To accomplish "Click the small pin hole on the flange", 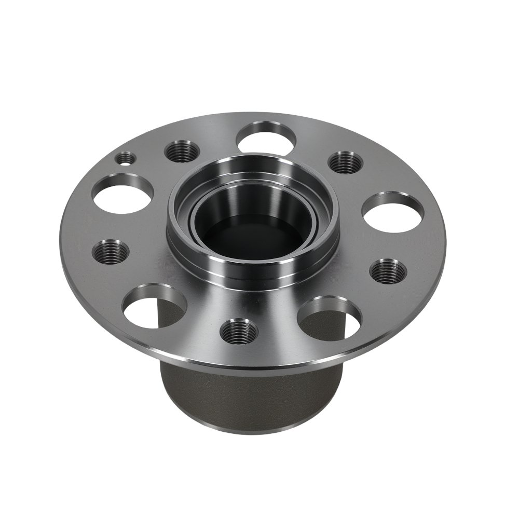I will (126, 158).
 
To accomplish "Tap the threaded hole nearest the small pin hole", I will (182, 151).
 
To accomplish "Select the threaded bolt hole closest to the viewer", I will (239, 331).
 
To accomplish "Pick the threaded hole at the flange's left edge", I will (111, 252).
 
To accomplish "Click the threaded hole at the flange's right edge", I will (388, 270).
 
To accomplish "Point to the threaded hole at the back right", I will (345, 162).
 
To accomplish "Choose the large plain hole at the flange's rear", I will (266, 138).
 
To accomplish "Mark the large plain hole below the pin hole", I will (122, 194).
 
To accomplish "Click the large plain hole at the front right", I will (330, 319).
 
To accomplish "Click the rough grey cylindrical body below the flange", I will (249, 394).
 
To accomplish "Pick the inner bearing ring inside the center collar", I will (208, 218).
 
